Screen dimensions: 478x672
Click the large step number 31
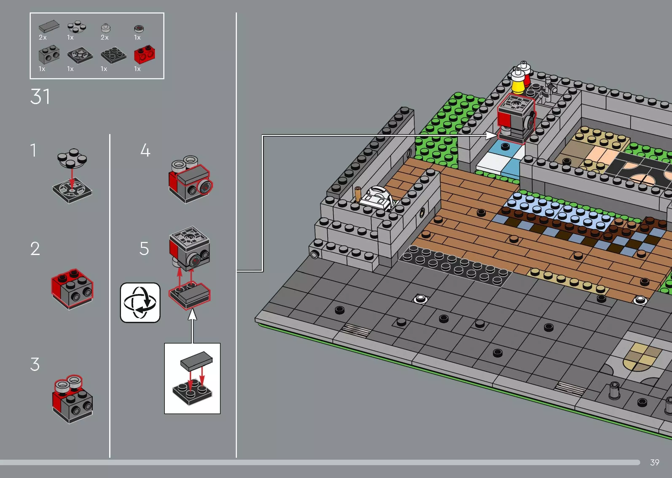pyautogui.click(x=40, y=97)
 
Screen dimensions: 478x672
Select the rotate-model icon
pyautogui.click(x=140, y=303)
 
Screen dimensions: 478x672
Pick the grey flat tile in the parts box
pyautogui.click(x=49, y=27)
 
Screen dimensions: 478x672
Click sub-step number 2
pyautogui.click(x=35, y=249)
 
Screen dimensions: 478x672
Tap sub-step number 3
pyautogui.click(x=35, y=364)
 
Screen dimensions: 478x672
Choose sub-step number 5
pyautogui.click(x=144, y=248)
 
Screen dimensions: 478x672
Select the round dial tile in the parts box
pyautogui.click(x=139, y=28)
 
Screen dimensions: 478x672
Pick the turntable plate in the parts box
pyautogui.click(x=80, y=55)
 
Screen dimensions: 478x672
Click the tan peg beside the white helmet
pyautogui.click(x=358, y=194)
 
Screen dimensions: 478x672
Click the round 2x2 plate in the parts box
pyautogui.click(x=76, y=27)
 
